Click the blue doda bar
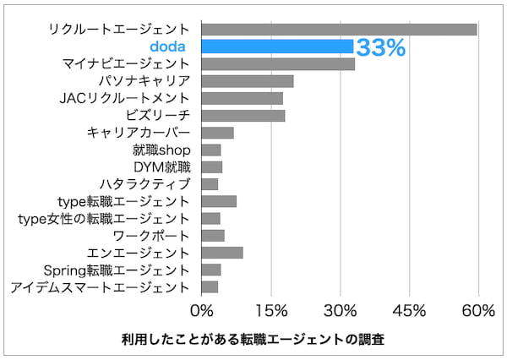pos(277,46)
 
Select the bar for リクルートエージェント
pos(339,30)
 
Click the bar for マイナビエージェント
pos(278,63)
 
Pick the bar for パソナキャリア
pos(248,81)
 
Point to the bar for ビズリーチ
pos(243,115)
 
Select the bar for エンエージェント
pos(222,252)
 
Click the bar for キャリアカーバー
pos(217,133)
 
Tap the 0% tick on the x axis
pos(202,311)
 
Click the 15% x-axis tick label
pos(271,311)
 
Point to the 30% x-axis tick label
pos(341,311)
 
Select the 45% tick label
pos(410,311)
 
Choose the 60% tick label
pos(478,311)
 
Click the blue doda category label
pos(170,46)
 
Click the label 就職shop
pos(161,150)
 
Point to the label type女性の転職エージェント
pos(104,218)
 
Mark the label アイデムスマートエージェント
pos(101,286)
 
